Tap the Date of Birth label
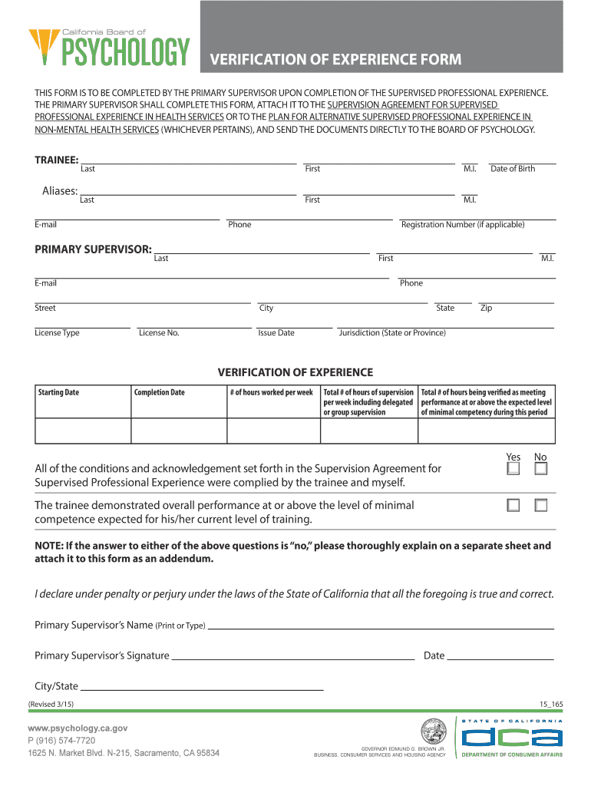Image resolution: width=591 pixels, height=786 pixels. pyautogui.click(x=513, y=169)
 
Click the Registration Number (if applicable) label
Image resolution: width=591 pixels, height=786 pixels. pyautogui.click(x=463, y=225)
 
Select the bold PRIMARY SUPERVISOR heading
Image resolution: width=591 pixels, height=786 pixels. pyautogui.click(x=93, y=249)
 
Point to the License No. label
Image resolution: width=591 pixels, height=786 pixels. pyautogui.click(x=159, y=333)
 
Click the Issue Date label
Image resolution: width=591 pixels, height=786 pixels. pyautogui.click(x=276, y=333)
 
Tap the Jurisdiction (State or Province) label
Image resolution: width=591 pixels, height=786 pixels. pyautogui.click(x=392, y=333)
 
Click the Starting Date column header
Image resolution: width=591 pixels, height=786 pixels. pyautogui.click(x=59, y=392)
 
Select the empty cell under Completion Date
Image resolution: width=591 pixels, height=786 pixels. pyautogui.click(x=178, y=431)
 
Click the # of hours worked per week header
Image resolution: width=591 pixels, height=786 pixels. pyautogui.click(x=272, y=392)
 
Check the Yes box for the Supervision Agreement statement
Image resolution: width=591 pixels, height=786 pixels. pyautogui.click(x=513, y=468)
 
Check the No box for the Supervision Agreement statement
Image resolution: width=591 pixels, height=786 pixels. pyautogui.click(x=541, y=468)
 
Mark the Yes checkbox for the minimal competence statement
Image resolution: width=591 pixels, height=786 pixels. pyautogui.click(x=513, y=505)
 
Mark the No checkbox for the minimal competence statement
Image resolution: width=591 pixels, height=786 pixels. pyautogui.click(x=541, y=505)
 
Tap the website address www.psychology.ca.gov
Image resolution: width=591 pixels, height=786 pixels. pyautogui.click(x=78, y=728)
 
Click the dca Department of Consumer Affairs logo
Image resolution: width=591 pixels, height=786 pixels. pyautogui.click(x=512, y=738)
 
